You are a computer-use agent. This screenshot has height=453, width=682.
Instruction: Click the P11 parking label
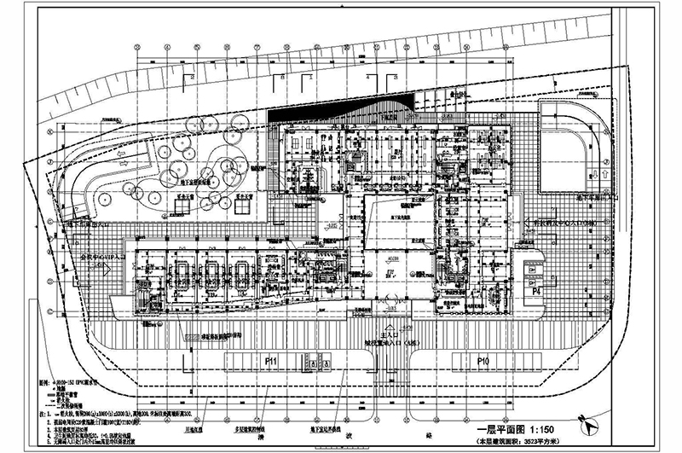[272, 362]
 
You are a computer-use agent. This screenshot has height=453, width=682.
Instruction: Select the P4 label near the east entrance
[537, 291]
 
